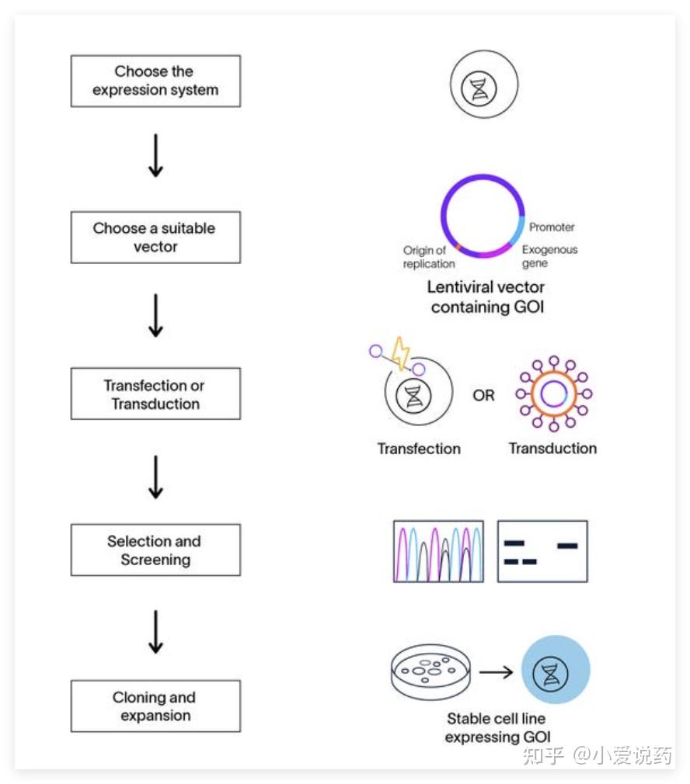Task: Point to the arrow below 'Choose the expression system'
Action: click(x=155, y=155)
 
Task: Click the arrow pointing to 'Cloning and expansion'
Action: click(x=155, y=632)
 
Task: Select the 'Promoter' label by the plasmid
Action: click(x=552, y=227)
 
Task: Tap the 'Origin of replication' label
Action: click(x=429, y=257)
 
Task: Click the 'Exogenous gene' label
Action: click(x=549, y=256)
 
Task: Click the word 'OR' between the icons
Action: click(x=483, y=396)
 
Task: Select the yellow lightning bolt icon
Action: click(x=400, y=353)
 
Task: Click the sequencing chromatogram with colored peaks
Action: click(x=438, y=551)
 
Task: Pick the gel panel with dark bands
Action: click(x=542, y=551)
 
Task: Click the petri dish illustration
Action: click(x=430, y=672)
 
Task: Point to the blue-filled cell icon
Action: click(x=556, y=669)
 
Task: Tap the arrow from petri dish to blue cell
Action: click(x=496, y=672)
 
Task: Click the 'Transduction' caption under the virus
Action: click(x=553, y=449)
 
